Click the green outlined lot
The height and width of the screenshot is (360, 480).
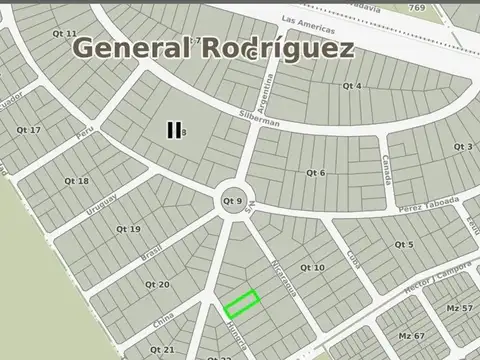[241, 302]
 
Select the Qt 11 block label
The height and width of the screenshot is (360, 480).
[65, 34]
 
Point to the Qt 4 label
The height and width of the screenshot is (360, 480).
[352, 86]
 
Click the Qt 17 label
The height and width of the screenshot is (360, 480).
[29, 130]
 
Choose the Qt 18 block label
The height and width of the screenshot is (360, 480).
[76, 181]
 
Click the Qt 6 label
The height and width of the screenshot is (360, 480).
[315, 173]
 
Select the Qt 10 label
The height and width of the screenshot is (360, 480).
[312, 268]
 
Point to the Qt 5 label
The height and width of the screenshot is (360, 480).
[404, 244]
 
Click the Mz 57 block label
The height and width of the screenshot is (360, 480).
[460, 307]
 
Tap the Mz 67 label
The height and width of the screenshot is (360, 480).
[412, 336]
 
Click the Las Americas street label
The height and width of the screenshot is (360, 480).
[307, 20]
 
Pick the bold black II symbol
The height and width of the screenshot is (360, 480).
[174, 130]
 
